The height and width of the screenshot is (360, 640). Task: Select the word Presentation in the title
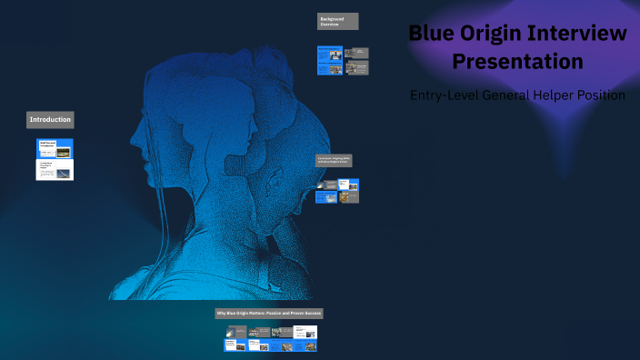[517, 62]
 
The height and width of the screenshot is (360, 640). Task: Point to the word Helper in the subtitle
[547, 95]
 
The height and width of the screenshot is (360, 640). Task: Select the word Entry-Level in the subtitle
[442, 95]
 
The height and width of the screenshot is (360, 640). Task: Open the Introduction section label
[50, 119]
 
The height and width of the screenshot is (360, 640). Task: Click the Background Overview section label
[337, 21]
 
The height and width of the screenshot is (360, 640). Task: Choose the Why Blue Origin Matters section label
[269, 313]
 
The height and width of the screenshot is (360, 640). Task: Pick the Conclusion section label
[334, 160]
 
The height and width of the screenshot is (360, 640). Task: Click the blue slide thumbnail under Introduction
[55, 148]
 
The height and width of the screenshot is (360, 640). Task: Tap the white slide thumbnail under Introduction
[55, 170]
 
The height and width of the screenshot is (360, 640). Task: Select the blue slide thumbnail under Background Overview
[329, 60]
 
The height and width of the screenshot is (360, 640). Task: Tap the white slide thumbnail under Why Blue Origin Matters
[305, 333]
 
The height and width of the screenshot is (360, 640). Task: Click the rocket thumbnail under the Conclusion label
[326, 196]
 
